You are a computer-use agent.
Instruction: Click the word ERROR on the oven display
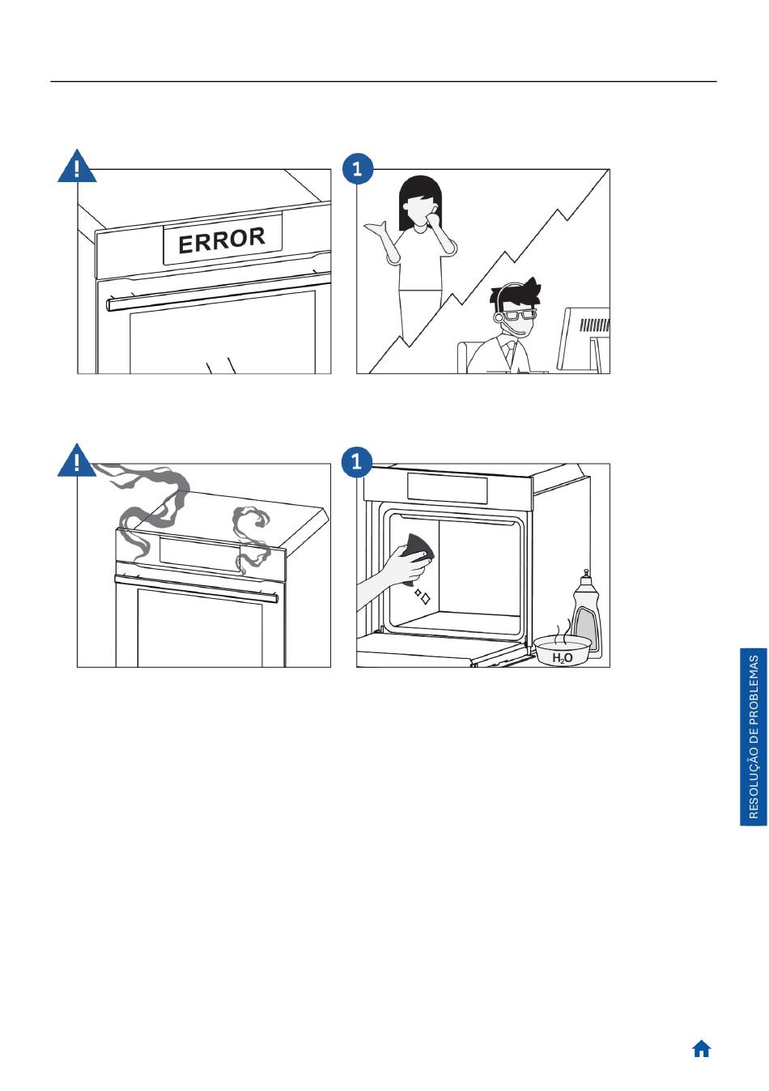[x=222, y=240]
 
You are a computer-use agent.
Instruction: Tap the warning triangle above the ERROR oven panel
[x=77, y=167]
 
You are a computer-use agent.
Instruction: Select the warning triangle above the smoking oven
[x=77, y=461]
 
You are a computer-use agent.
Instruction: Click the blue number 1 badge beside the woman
[x=358, y=169]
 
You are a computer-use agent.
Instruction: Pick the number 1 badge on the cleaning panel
[x=357, y=461]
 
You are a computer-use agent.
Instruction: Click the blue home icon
[x=701, y=1049]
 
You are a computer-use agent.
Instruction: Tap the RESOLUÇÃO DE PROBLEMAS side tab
[x=754, y=737]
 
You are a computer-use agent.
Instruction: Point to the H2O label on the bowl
[x=562, y=659]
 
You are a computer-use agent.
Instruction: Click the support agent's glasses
[x=519, y=315]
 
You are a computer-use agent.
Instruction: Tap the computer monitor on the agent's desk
[x=584, y=338]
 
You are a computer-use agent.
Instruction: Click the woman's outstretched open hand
[x=376, y=228]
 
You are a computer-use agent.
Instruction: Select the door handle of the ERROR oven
[x=219, y=291]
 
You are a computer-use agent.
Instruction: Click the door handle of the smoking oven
[x=197, y=588]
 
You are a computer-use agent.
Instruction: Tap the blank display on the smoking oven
[x=200, y=554]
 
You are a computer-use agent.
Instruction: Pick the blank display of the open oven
[x=447, y=489]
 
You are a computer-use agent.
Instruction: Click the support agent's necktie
[x=509, y=353]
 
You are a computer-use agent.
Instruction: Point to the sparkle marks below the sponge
[x=423, y=596]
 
